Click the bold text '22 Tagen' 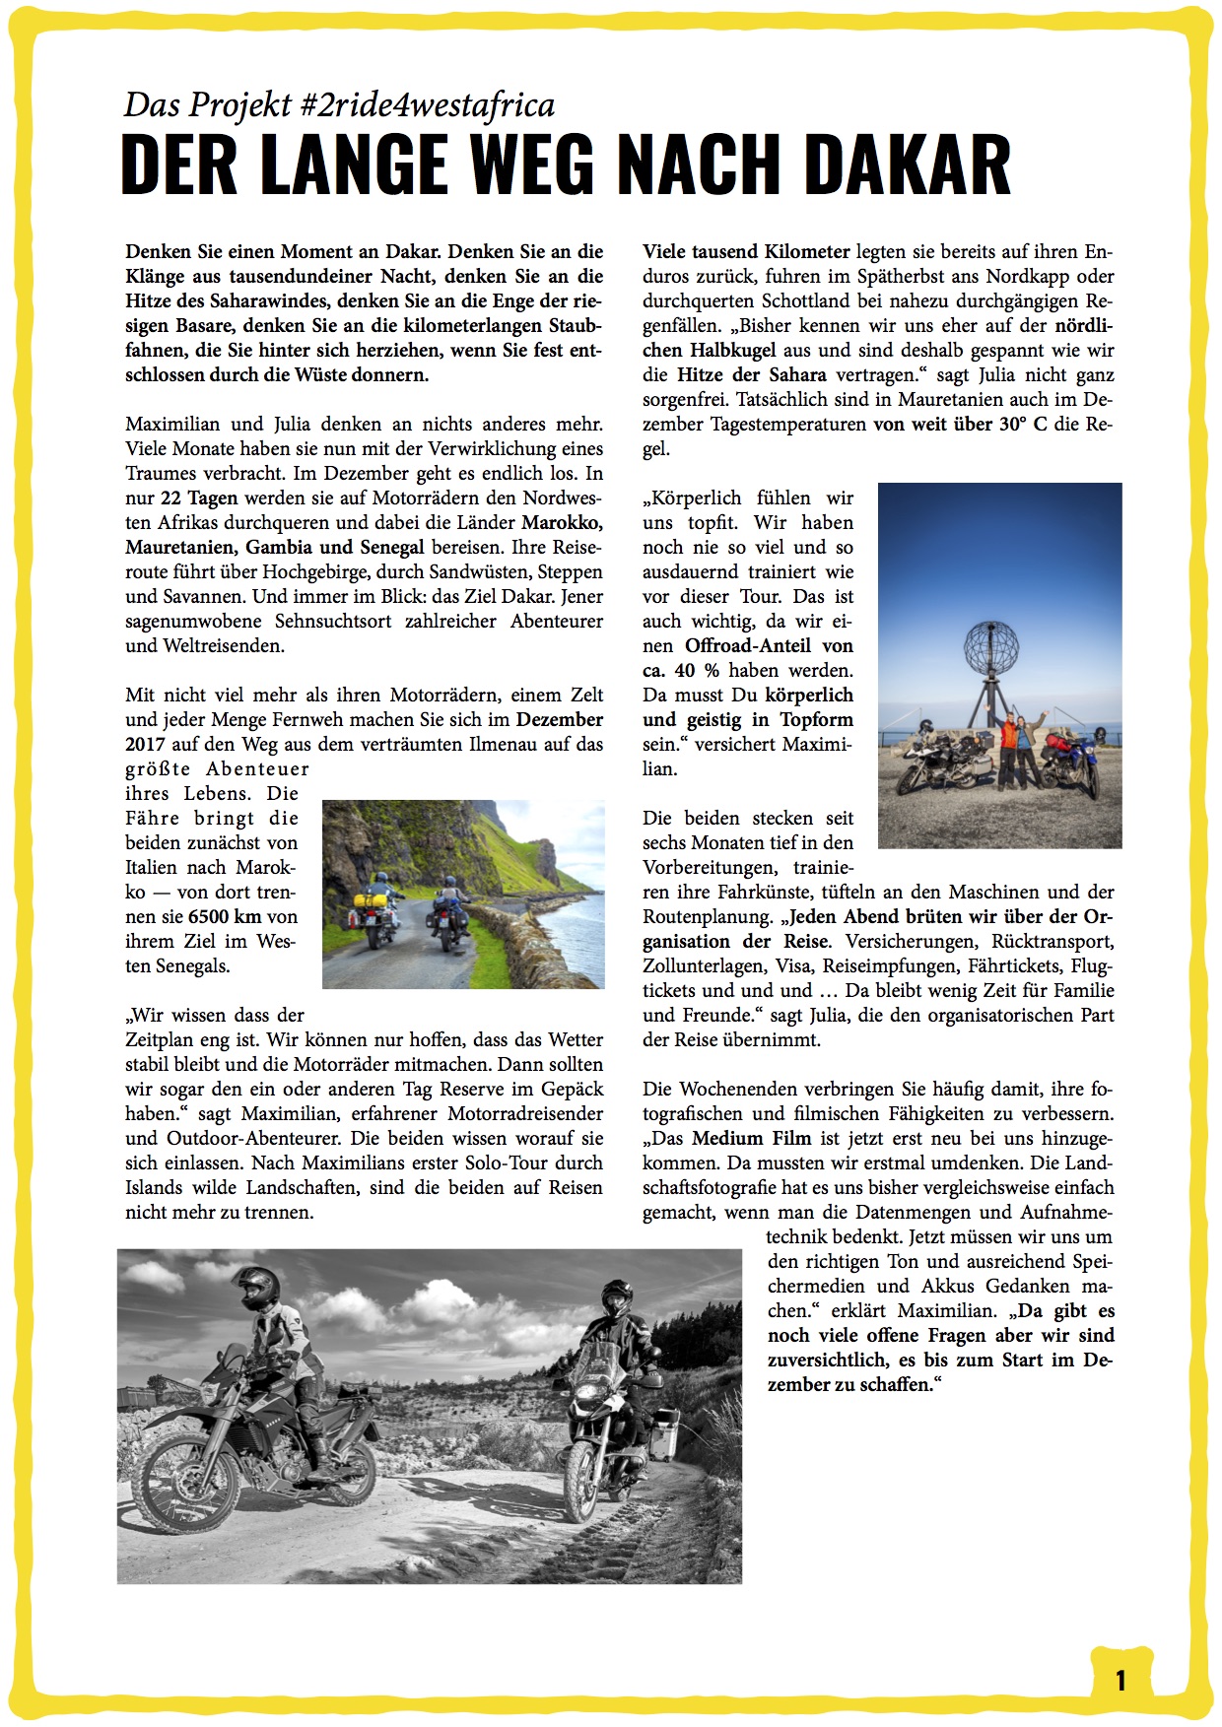point(198,498)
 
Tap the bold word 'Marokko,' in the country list point(562,522)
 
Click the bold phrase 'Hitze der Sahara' point(751,374)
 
